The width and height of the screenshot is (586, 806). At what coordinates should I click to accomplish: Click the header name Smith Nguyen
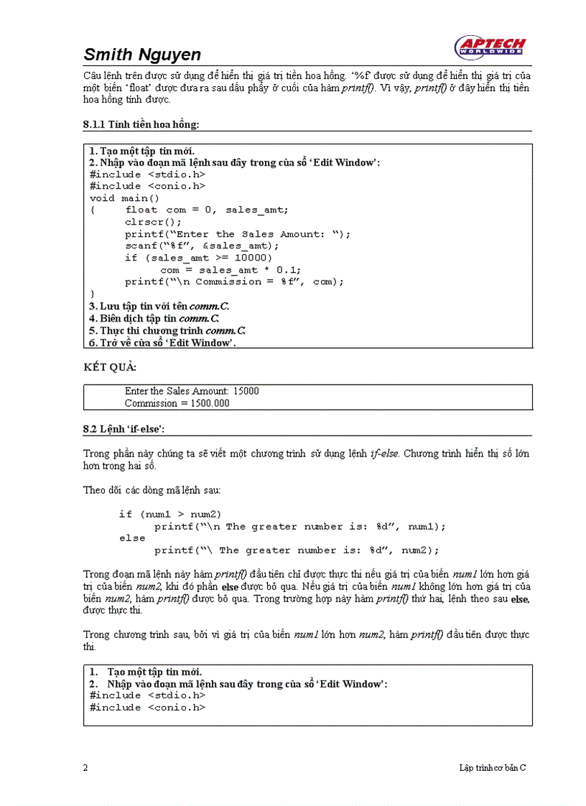click(142, 55)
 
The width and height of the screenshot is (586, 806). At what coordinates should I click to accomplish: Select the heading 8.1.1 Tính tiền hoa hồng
click(141, 125)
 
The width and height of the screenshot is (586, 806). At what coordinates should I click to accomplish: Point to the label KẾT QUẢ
click(110, 367)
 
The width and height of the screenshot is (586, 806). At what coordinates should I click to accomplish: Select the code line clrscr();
click(154, 222)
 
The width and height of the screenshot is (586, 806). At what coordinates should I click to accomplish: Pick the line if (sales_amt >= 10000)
click(198, 258)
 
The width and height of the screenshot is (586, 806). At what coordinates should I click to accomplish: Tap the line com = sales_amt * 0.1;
click(231, 270)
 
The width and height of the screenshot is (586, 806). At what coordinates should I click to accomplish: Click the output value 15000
click(245, 391)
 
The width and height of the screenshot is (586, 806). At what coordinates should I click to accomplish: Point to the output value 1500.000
click(205, 403)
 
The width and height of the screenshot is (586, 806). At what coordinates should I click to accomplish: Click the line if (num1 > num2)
click(170, 514)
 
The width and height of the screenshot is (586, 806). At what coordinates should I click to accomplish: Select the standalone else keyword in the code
click(132, 538)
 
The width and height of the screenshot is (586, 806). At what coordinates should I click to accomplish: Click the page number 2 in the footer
click(85, 767)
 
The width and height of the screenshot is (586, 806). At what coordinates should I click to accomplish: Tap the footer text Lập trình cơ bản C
click(493, 767)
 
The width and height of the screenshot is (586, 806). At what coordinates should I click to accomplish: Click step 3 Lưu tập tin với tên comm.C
click(159, 306)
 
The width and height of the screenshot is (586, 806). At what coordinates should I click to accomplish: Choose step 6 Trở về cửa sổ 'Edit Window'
click(162, 342)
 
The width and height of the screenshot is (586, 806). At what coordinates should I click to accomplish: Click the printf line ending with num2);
click(296, 550)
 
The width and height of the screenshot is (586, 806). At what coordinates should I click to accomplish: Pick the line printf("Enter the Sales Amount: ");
click(238, 234)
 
